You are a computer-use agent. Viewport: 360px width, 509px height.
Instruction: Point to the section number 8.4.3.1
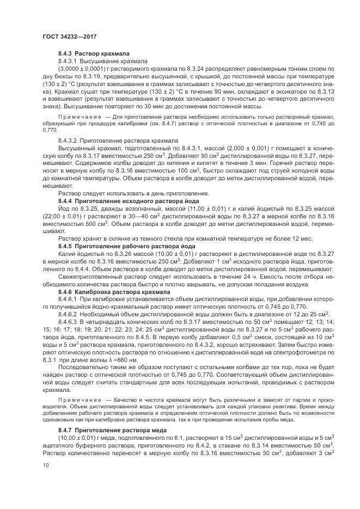[x=69, y=62]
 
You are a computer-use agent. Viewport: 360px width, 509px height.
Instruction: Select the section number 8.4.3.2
[x=69, y=140]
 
